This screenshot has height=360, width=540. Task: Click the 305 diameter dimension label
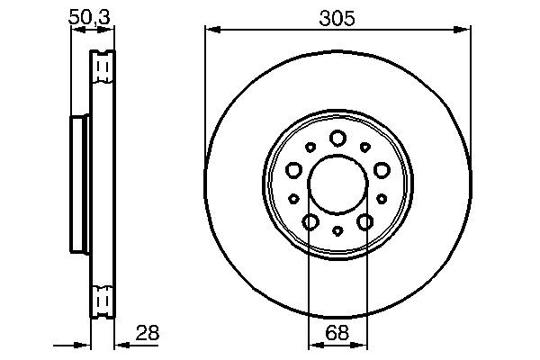(337, 17)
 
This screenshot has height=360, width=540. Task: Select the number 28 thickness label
(146, 333)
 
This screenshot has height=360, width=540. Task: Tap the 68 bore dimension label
(337, 333)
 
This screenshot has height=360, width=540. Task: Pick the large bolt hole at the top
(337, 138)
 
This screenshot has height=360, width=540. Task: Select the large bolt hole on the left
(294, 168)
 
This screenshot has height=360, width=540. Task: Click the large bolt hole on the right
(381, 168)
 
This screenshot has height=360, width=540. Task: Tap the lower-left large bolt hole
(310, 220)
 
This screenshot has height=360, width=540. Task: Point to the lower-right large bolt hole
(364, 220)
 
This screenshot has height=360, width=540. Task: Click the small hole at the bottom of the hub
(337, 231)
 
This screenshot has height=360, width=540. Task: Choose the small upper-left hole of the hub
(310, 147)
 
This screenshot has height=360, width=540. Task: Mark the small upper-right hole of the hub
(364, 147)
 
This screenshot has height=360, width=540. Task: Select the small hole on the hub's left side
(294, 198)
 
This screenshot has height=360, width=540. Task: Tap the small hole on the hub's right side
(381, 198)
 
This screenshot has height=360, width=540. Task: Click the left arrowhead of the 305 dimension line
(211, 31)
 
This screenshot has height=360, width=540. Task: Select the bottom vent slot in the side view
(103, 297)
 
